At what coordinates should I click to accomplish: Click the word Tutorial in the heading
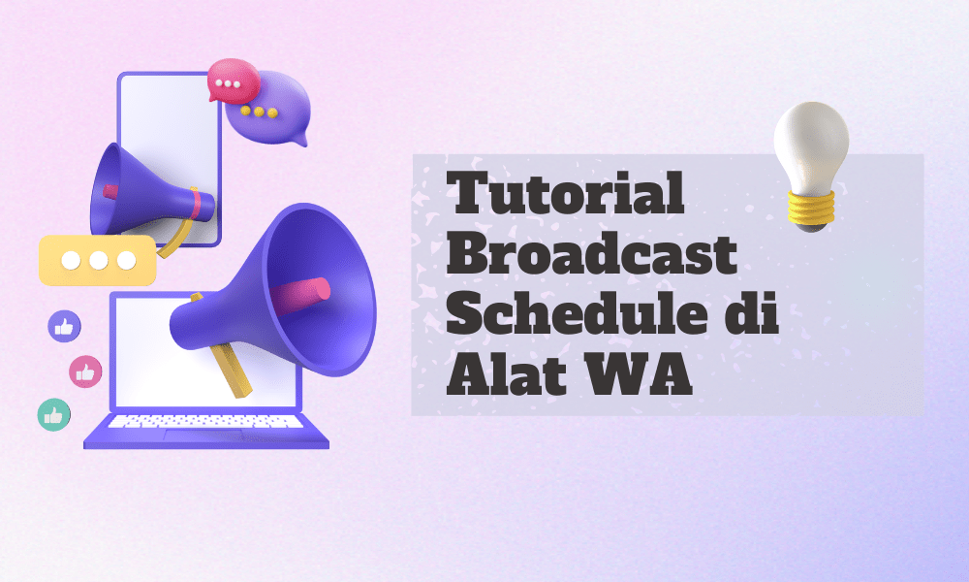tap(567, 197)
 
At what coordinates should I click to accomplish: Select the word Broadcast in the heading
tap(594, 257)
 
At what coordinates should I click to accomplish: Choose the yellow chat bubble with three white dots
tap(97, 260)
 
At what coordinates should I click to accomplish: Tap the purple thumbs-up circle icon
tap(64, 326)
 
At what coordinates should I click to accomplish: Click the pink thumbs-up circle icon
tap(85, 370)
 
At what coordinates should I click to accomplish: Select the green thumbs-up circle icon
tap(52, 414)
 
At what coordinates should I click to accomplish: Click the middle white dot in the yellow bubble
tap(97, 260)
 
